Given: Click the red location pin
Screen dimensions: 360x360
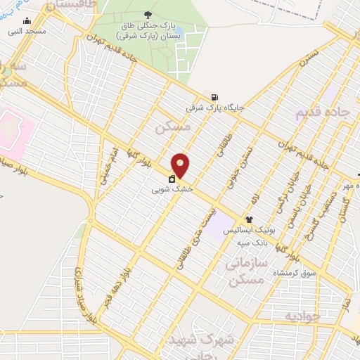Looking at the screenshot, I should pos(181,166).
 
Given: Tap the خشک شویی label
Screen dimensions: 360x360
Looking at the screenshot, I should pos(167,189).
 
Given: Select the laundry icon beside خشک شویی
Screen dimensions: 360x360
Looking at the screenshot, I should pos(172,179).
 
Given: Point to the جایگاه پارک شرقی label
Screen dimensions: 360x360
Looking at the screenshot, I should pos(214,108).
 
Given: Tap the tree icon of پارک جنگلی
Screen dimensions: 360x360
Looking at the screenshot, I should pos(147,15).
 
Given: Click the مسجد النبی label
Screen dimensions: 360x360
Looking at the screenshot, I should pos(27,32).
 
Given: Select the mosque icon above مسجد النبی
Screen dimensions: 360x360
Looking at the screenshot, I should pos(27,21).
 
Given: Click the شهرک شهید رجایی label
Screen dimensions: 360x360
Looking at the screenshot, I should pos(200,345).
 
